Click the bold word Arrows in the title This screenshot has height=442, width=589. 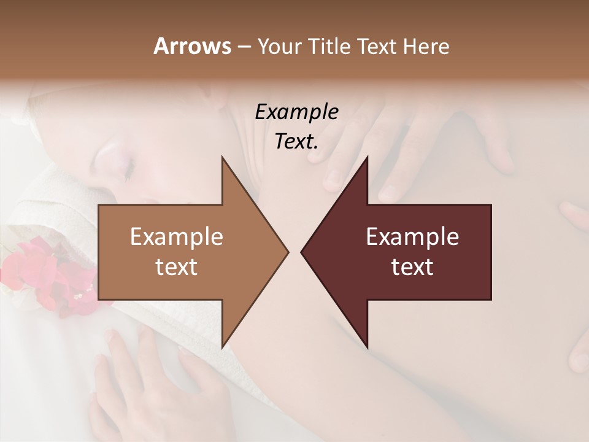[x=192, y=46]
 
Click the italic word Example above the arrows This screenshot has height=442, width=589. [x=296, y=112]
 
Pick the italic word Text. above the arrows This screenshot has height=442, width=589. [x=296, y=141]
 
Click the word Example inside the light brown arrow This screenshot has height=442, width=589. [x=177, y=237]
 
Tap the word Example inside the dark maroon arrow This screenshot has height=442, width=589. [x=412, y=237]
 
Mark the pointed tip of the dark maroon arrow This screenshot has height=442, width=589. [x=302, y=252]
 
